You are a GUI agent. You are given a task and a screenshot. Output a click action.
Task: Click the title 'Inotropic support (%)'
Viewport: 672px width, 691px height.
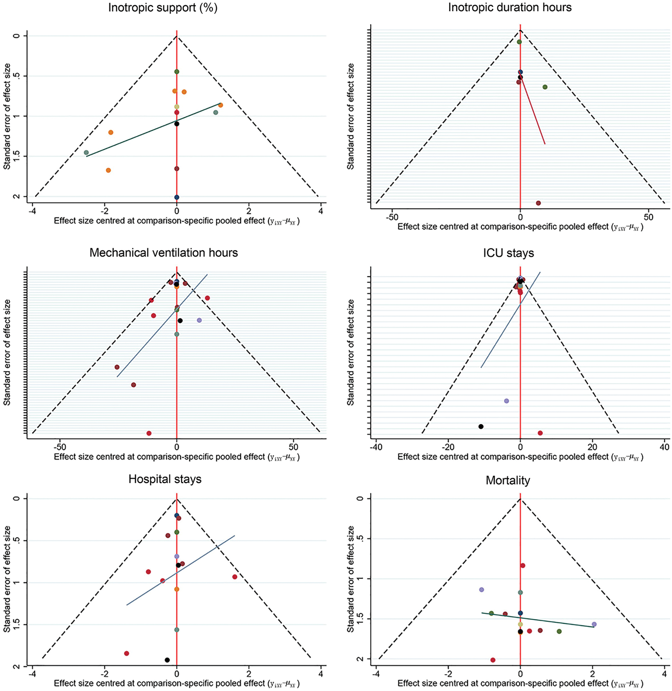[163, 8]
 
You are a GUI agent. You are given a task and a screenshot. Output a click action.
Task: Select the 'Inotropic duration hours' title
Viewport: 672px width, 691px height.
[510, 8]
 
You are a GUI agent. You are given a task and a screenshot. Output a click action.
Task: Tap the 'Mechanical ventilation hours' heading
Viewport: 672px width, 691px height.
[163, 253]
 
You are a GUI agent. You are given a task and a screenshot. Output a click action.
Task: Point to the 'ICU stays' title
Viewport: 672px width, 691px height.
[508, 253]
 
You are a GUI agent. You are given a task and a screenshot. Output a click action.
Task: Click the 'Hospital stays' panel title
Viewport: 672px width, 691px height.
[165, 479]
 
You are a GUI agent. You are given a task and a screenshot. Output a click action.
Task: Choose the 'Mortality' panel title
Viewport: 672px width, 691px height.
[508, 481]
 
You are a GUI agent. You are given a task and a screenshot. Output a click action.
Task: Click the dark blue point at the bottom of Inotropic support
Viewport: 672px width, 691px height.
[177, 197]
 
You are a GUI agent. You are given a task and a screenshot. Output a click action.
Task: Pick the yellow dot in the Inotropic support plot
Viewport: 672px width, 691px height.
[177, 107]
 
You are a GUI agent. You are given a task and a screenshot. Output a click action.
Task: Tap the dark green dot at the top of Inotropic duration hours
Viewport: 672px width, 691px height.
[519, 42]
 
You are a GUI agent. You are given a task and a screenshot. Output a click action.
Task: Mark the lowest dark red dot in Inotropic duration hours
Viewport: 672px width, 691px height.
[538, 203]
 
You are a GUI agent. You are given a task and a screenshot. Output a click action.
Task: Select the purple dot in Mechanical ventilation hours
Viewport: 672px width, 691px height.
[200, 320]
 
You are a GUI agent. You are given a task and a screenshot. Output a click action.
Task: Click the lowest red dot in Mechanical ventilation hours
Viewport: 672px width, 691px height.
[149, 433]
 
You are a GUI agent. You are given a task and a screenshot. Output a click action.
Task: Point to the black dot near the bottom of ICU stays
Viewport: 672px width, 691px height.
[481, 426]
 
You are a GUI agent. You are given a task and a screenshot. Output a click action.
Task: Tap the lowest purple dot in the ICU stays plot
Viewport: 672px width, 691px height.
[507, 401]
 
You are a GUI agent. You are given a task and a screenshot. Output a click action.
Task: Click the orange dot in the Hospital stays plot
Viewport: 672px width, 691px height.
[177, 589]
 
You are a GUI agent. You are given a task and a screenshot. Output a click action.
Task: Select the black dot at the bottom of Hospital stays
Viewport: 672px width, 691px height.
[167, 660]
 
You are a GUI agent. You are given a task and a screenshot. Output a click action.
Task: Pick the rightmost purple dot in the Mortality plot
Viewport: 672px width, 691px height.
[594, 624]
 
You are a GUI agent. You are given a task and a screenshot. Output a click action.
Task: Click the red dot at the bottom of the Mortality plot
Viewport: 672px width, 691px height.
[493, 660]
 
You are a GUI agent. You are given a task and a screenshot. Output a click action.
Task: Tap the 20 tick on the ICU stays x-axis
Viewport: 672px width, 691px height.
[592, 447]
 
